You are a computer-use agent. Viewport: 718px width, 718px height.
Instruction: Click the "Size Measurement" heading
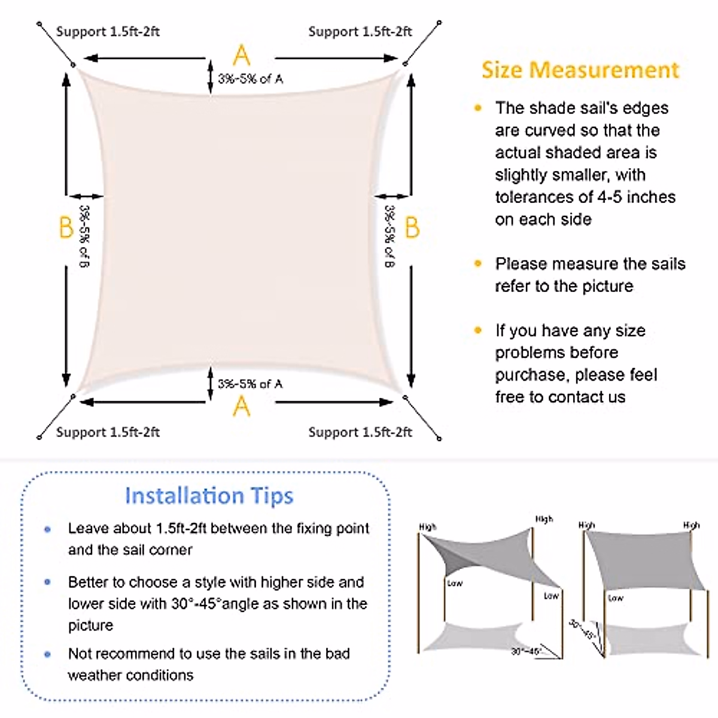[580, 70]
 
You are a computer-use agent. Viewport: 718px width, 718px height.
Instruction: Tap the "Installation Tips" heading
[209, 496]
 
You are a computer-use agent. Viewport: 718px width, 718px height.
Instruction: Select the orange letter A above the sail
[241, 56]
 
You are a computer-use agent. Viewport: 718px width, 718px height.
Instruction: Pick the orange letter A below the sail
[241, 407]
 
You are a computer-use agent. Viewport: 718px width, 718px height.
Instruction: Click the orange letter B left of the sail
[66, 228]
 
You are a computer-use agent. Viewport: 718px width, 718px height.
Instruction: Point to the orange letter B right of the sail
[412, 228]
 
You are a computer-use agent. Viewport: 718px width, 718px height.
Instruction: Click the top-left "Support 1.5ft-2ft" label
[108, 32]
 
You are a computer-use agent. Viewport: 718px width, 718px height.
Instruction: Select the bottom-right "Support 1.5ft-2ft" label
[360, 432]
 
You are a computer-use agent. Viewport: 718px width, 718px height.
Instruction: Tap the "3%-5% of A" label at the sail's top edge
[250, 79]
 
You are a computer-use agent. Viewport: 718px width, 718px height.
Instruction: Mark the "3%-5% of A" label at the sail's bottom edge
[250, 384]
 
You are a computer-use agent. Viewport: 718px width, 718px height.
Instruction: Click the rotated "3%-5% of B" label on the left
[84, 237]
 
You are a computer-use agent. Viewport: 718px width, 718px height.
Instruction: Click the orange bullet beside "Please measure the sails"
[477, 264]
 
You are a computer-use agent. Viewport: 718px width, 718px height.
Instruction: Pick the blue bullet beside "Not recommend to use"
[48, 654]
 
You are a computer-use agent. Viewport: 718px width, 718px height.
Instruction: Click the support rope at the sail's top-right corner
[422, 42]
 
